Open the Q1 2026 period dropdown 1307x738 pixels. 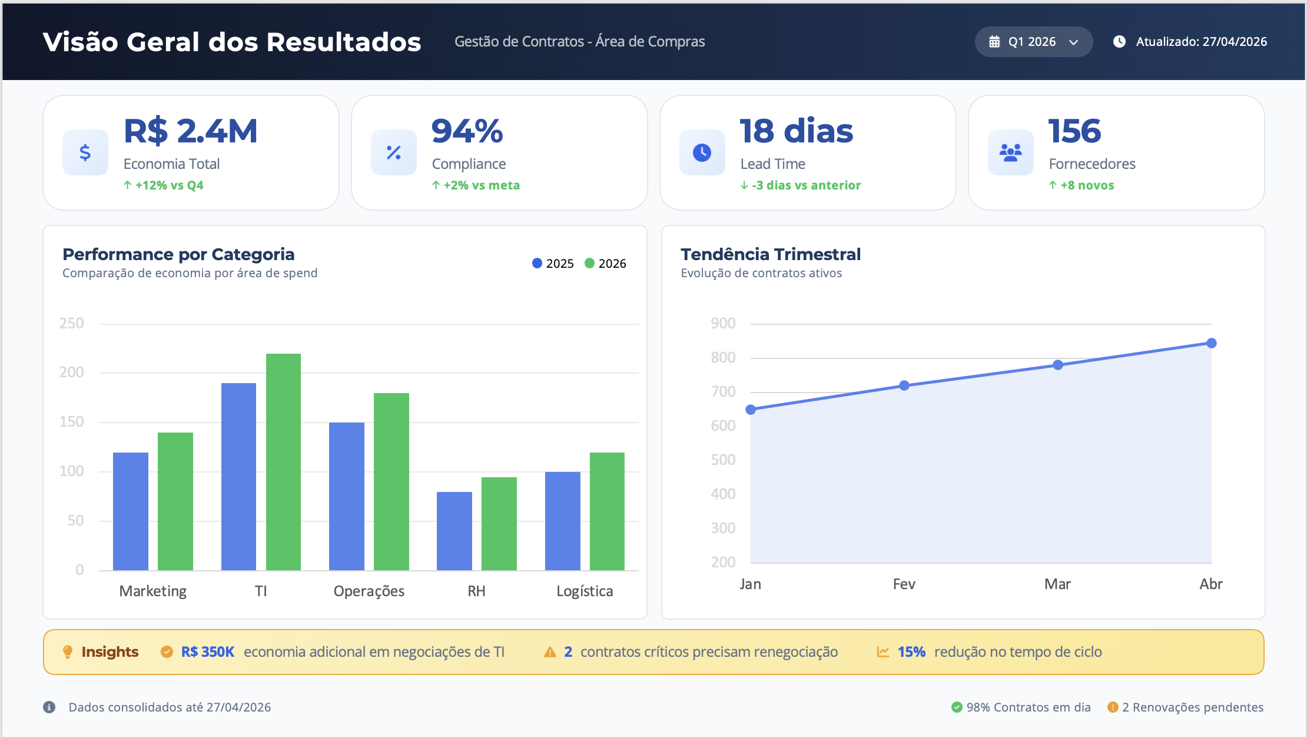(x=1034, y=42)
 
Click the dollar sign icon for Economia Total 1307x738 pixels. (x=85, y=152)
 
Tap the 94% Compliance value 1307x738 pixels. (x=467, y=131)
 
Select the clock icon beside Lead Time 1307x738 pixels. (x=702, y=152)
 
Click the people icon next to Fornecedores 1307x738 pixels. (x=1010, y=152)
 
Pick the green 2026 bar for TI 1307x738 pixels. (x=283, y=462)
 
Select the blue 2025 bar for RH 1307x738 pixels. (x=455, y=531)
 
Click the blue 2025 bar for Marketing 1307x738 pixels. (x=131, y=511)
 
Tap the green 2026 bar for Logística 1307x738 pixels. (x=607, y=511)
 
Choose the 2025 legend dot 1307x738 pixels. (x=537, y=263)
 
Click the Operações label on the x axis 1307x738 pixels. (x=369, y=591)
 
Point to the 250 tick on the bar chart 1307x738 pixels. (x=72, y=323)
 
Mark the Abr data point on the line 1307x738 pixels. (x=1211, y=343)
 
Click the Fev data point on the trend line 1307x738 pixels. (x=904, y=385)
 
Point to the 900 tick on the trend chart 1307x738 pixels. (x=723, y=323)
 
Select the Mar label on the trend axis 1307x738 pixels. (x=1057, y=584)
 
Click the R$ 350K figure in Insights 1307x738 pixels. (x=208, y=652)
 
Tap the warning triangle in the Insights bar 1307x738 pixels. (x=550, y=652)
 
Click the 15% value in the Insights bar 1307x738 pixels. (x=911, y=652)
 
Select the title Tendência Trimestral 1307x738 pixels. (x=771, y=254)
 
